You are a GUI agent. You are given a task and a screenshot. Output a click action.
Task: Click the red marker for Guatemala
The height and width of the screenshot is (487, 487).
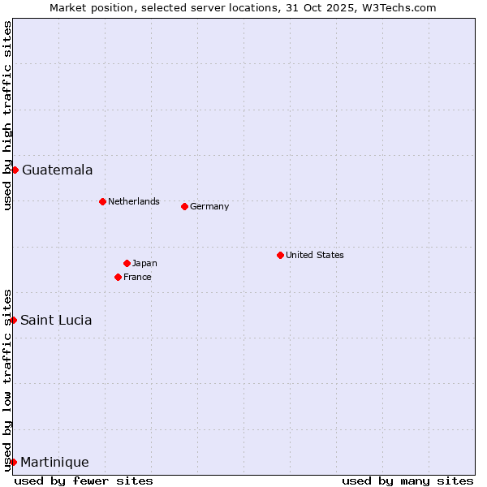click(x=15, y=170)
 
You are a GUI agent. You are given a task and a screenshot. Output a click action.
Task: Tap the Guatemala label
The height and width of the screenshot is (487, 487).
click(x=57, y=170)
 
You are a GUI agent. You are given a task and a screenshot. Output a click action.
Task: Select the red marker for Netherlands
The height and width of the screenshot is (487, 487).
click(x=102, y=201)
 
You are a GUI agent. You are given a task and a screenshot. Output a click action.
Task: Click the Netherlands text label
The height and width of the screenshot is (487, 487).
click(x=133, y=201)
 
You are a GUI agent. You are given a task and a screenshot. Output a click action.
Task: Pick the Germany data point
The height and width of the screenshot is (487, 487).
click(x=184, y=206)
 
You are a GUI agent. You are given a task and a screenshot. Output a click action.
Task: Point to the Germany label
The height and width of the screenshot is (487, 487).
click(x=209, y=206)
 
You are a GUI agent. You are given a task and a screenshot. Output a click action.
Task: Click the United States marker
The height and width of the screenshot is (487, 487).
click(x=280, y=255)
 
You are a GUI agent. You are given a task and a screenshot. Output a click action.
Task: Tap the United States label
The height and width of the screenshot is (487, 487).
click(x=314, y=255)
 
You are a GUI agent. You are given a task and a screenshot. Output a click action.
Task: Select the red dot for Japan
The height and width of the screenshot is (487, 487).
click(x=127, y=263)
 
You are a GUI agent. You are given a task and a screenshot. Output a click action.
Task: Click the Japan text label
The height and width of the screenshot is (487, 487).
click(x=144, y=263)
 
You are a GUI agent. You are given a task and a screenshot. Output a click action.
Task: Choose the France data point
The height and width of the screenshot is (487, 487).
click(x=118, y=277)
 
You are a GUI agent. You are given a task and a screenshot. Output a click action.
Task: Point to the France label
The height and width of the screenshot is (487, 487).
click(x=137, y=277)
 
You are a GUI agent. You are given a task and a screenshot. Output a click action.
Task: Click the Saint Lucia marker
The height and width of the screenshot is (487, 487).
click(x=14, y=320)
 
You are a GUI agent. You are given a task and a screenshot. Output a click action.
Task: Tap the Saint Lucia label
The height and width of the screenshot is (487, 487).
click(x=56, y=320)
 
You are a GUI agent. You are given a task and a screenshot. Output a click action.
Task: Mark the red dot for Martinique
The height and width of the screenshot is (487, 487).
click(x=13, y=462)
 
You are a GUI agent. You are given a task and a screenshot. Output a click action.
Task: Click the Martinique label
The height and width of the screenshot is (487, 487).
click(x=54, y=463)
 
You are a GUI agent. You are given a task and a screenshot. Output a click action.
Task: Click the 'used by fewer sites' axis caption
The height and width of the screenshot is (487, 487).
click(x=84, y=481)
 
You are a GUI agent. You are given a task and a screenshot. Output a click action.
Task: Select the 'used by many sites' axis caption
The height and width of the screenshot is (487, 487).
click(x=407, y=481)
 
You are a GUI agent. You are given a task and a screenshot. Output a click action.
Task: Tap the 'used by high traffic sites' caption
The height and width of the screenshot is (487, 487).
click(x=8, y=115)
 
